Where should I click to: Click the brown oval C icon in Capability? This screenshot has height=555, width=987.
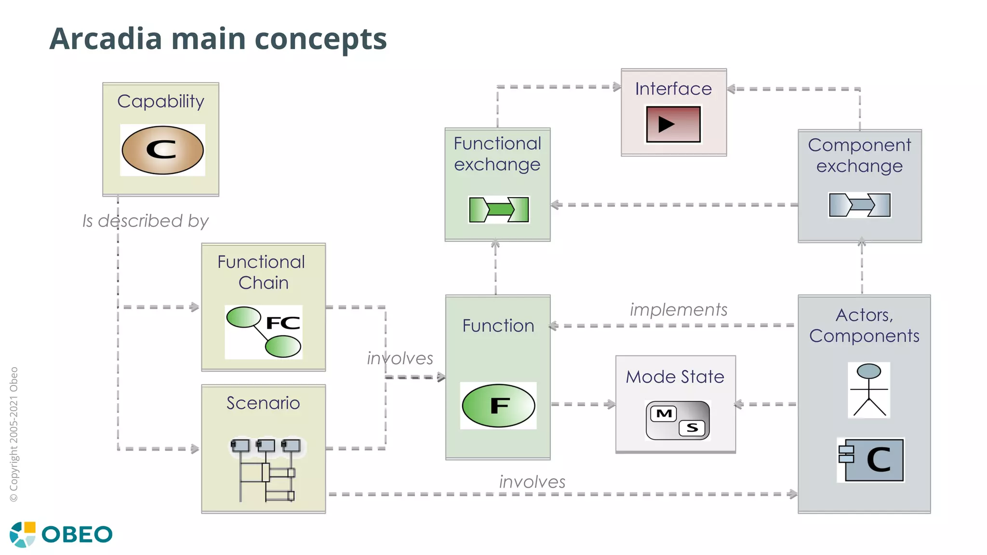coord(162,150)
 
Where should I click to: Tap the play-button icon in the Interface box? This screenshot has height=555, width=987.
coord(673,124)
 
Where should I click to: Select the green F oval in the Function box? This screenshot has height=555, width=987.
coord(498,406)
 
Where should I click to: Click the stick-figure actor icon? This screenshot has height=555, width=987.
coord(868,390)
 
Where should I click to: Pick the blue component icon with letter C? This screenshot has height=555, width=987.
coord(871,460)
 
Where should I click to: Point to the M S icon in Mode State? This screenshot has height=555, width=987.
coord(677,420)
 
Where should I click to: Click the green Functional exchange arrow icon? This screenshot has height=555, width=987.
coord(499,210)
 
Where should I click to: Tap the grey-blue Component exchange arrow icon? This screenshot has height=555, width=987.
coord(859,205)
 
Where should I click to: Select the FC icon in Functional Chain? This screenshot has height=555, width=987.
coord(264,332)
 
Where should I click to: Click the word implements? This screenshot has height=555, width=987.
coord(678,309)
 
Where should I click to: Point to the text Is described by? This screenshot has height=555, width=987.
coord(145,221)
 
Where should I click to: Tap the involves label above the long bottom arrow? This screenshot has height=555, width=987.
coord(532,481)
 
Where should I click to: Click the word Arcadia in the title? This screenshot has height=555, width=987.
coord(106,39)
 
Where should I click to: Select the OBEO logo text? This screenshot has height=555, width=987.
coord(77,534)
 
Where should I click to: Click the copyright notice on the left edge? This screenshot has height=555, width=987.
coord(14,434)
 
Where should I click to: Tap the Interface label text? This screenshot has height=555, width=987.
coord(673,89)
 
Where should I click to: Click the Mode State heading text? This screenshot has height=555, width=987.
coord(675,376)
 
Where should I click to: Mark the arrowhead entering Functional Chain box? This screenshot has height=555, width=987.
coord(195,307)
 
